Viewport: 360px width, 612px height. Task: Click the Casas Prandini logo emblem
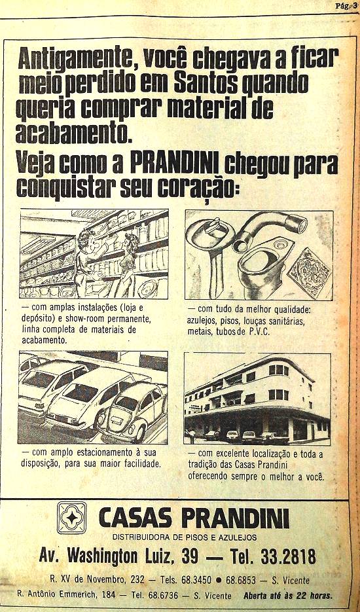coord(72,518)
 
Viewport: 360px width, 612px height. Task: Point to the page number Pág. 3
coord(345,6)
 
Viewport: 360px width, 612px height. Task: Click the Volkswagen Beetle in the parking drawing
coord(133,410)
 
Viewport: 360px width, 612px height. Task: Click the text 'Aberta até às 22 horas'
coord(288,596)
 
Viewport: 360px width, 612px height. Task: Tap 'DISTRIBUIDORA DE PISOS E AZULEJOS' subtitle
coord(185,537)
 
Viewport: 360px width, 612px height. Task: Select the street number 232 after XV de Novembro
coord(137,580)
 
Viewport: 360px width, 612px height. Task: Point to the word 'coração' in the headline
coord(198,188)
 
